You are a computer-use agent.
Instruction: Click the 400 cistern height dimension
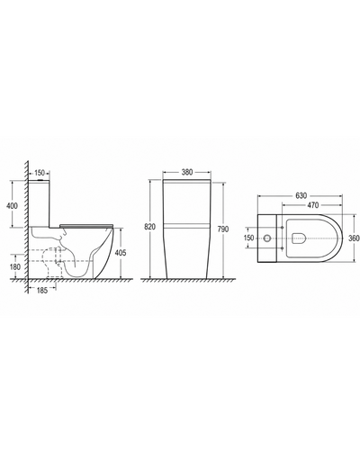(x=12, y=206)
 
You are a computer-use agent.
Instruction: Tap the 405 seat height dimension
(x=121, y=253)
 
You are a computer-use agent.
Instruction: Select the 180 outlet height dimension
(x=15, y=266)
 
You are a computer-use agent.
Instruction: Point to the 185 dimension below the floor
(x=42, y=290)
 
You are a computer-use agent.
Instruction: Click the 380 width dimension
(x=187, y=173)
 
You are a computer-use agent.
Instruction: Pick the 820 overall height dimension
(x=149, y=227)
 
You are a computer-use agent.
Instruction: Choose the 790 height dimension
(x=222, y=229)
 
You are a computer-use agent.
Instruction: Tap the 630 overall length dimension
(x=301, y=195)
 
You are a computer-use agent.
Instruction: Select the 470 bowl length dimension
(x=312, y=205)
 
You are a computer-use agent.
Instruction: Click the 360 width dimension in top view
(x=354, y=238)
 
